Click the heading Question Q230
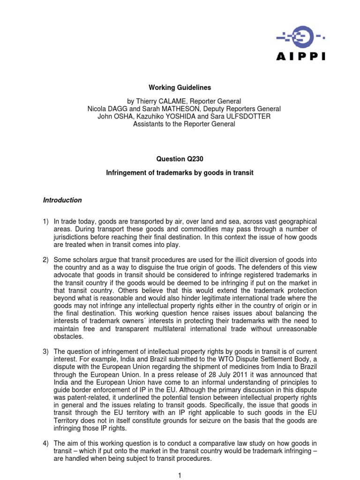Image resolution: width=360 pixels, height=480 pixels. (180, 159)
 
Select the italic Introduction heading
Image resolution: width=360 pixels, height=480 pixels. (62, 200)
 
